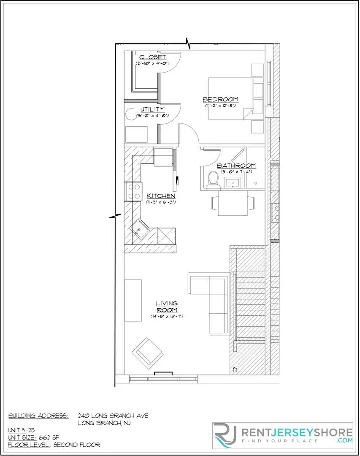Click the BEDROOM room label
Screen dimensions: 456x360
point(220,99)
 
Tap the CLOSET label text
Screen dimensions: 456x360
point(152,57)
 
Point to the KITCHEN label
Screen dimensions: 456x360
point(160,196)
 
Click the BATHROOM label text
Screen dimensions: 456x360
point(236,166)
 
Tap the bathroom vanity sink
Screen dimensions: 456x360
point(232,183)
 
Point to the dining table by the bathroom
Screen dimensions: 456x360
point(233,205)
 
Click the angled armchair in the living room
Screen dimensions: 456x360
point(147,352)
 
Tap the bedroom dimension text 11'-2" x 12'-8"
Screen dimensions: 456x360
point(220,106)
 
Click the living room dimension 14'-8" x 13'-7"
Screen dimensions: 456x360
point(167,316)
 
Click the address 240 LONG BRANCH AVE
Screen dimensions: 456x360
point(113,416)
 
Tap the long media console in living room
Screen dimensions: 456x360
point(133,300)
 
